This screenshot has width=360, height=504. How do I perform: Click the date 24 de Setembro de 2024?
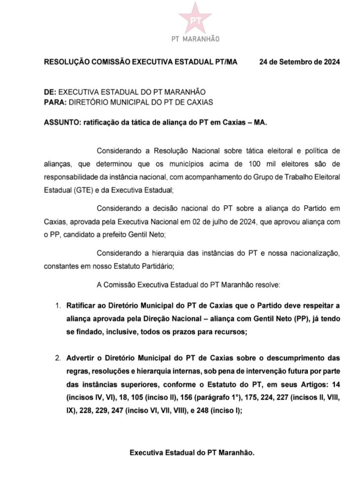[x=299, y=63]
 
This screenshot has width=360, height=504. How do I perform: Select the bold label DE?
[x=50, y=92]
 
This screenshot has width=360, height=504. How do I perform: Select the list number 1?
[x=58, y=306]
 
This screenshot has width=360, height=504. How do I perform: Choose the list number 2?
[x=58, y=358]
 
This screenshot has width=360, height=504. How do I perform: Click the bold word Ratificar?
[x=83, y=306]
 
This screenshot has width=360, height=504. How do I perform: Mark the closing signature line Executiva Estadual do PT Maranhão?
[x=192, y=452]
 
